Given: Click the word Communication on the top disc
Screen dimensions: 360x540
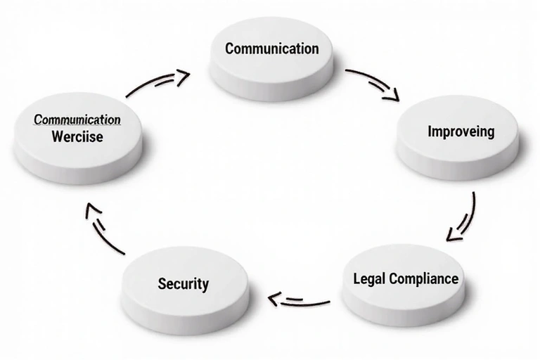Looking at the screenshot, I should pyautogui.click(x=272, y=49).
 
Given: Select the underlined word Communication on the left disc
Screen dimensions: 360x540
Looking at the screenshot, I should pyautogui.click(x=77, y=119).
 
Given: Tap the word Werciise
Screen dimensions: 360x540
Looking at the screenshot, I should pyautogui.click(x=77, y=136).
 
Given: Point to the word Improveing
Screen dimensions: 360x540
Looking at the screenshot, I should pyautogui.click(x=461, y=131).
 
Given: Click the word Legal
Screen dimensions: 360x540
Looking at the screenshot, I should pyautogui.click(x=368, y=278).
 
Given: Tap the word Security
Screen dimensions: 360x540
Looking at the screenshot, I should pyautogui.click(x=183, y=284).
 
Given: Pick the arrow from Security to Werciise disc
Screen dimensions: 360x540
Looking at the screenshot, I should pyautogui.click(x=103, y=229).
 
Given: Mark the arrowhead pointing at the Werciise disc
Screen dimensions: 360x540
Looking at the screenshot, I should pyautogui.click(x=88, y=209).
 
